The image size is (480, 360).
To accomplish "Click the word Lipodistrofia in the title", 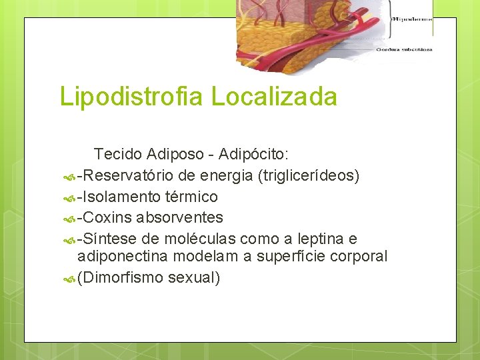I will pyautogui.click(x=133, y=97).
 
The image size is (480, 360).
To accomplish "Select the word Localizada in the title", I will pyautogui.click(x=275, y=97).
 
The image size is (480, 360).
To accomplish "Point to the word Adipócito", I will pyautogui.click(x=255, y=155).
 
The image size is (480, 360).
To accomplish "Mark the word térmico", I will pyautogui.click(x=193, y=197).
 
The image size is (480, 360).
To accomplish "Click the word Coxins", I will pyautogui.click(x=107, y=217).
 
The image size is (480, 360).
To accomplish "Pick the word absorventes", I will pyautogui.click(x=180, y=217).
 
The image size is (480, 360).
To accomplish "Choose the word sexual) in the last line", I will pyautogui.click(x=194, y=277).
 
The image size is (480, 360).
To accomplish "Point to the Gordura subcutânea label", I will pyautogui.click(x=404, y=49).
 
